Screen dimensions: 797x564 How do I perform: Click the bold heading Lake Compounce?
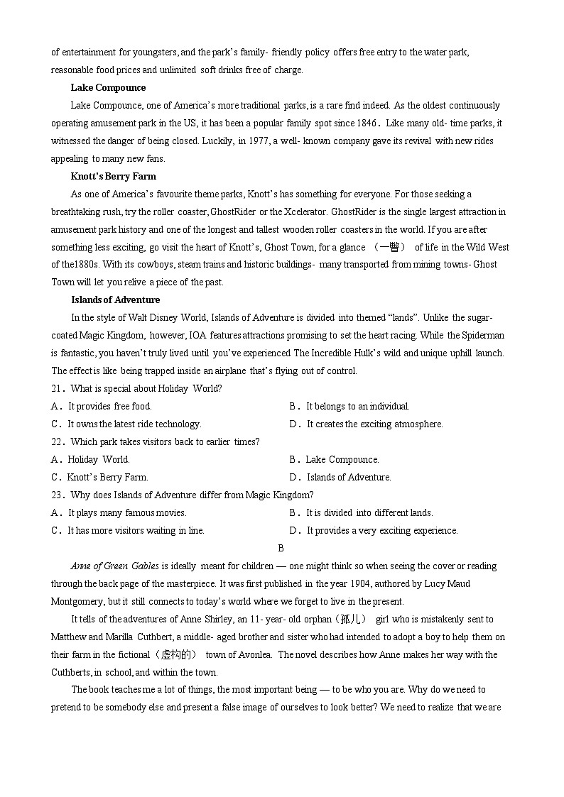108,88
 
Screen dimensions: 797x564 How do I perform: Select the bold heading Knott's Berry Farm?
113,176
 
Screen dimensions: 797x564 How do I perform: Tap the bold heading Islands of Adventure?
115,299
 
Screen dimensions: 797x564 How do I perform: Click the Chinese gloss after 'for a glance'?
389,247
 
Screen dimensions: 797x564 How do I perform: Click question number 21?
58,388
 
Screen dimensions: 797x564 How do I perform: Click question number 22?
58,441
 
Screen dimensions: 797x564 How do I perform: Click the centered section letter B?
281,548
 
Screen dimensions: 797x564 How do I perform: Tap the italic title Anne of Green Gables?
114,566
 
